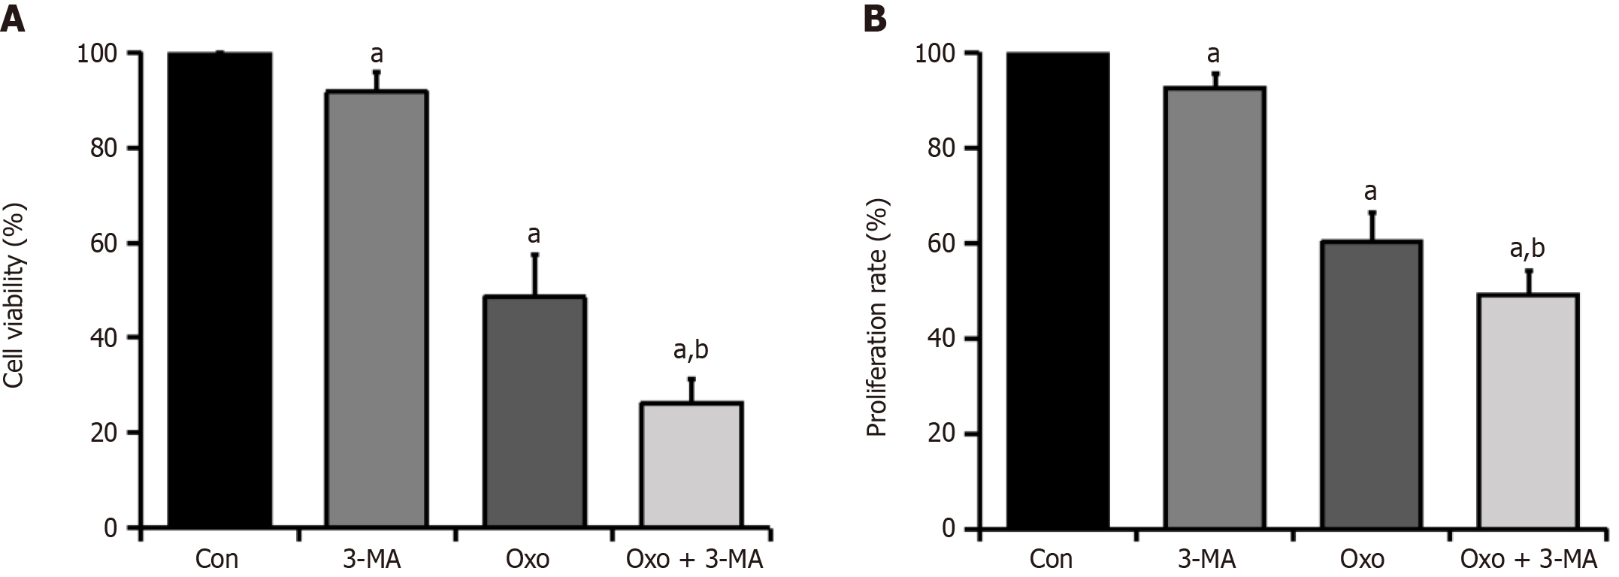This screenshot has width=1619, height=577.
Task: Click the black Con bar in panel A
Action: (x=219, y=289)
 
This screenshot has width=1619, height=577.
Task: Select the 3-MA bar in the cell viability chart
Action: (x=377, y=308)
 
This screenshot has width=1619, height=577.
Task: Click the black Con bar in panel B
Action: (x=1058, y=289)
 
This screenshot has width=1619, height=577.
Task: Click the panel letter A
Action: (x=13, y=18)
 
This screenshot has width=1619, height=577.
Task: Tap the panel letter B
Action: (x=875, y=18)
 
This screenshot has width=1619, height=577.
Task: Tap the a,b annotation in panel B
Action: (x=1527, y=249)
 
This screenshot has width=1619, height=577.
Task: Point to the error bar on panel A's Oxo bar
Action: (x=534, y=275)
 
